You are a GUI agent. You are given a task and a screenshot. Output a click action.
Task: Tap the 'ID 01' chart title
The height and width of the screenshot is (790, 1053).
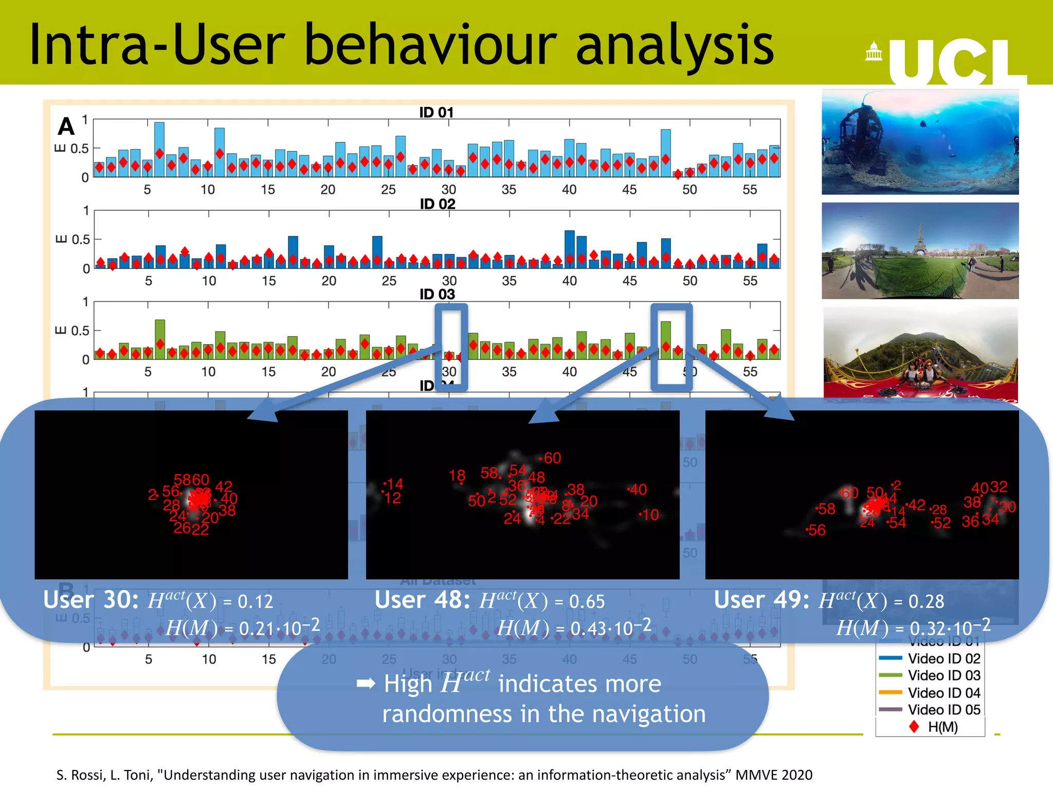(436, 112)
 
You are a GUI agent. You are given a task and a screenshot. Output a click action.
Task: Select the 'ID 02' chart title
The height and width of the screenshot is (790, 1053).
(437, 204)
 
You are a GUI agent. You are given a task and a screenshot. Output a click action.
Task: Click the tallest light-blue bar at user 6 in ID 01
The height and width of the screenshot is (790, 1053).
(159, 149)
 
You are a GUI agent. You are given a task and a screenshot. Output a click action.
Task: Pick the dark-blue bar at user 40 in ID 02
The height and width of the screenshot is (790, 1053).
(569, 249)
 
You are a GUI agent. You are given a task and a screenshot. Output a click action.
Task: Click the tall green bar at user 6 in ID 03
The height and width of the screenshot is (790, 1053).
(160, 339)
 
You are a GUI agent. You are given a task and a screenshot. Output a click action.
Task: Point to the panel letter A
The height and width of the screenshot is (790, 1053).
(66, 127)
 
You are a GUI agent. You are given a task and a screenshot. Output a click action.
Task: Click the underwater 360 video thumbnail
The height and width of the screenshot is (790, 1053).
(920, 142)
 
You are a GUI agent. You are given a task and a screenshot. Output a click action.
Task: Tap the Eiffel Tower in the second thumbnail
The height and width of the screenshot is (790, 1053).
(919, 239)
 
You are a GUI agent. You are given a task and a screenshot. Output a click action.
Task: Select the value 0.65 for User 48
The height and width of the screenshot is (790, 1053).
(587, 601)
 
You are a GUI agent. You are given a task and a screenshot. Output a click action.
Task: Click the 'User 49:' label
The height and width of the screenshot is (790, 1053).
(761, 600)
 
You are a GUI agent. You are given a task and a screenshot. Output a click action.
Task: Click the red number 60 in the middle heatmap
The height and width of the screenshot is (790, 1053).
(552, 458)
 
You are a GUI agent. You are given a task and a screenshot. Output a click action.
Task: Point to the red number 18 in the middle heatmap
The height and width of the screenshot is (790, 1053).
(457, 475)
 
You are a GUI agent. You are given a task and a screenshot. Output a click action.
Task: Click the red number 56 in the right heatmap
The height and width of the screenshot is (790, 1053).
(816, 530)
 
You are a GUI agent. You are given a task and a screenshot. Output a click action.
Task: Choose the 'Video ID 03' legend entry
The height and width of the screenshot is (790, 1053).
(943, 675)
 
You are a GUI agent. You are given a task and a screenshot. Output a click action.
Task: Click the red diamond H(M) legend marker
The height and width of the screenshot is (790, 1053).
(914, 727)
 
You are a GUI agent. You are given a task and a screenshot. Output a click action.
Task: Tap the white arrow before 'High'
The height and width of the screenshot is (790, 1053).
(366, 683)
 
